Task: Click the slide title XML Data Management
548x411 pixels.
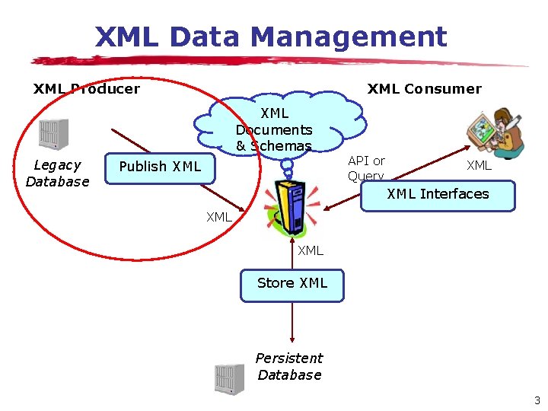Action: [270, 37]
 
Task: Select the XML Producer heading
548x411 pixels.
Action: [86, 89]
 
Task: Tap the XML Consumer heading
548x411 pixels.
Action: [424, 89]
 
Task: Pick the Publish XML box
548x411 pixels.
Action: [160, 167]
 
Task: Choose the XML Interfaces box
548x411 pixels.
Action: [438, 194]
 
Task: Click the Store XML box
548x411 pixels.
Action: [292, 283]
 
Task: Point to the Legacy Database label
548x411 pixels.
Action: [57, 174]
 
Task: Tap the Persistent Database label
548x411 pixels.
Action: [289, 366]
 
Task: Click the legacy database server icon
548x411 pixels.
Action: [53, 135]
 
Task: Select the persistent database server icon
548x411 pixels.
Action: [229, 379]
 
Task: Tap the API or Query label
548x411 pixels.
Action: [366, 168]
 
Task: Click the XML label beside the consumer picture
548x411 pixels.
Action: [479, 166]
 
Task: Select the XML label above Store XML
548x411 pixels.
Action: [311, 250]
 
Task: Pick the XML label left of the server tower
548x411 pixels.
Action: [219, 217]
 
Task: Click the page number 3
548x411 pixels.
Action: [537, 400]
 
